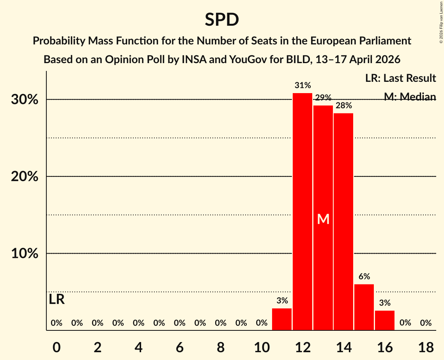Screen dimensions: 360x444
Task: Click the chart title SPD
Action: click(x=222, y=19)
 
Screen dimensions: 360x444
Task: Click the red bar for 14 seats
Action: click(x=343, y=222)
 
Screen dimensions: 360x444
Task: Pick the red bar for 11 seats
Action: click(x=282, y=319)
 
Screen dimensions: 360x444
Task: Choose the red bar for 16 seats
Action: click(x=385, y=320)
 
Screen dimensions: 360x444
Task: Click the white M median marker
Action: click(x=323, y=219)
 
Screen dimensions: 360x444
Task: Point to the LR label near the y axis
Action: click(x=57, y=300)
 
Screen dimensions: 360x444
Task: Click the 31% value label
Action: click(x=302, y=85)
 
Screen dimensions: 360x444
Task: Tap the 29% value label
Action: click(x=323, y=98)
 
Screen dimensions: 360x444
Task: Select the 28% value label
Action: click(x=343, y=105)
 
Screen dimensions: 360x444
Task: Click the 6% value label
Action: click(x=364, y=277)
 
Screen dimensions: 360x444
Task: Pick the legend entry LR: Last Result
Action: click(x=400, y=78)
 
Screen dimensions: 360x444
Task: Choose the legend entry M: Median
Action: click(x=410, y=97)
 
